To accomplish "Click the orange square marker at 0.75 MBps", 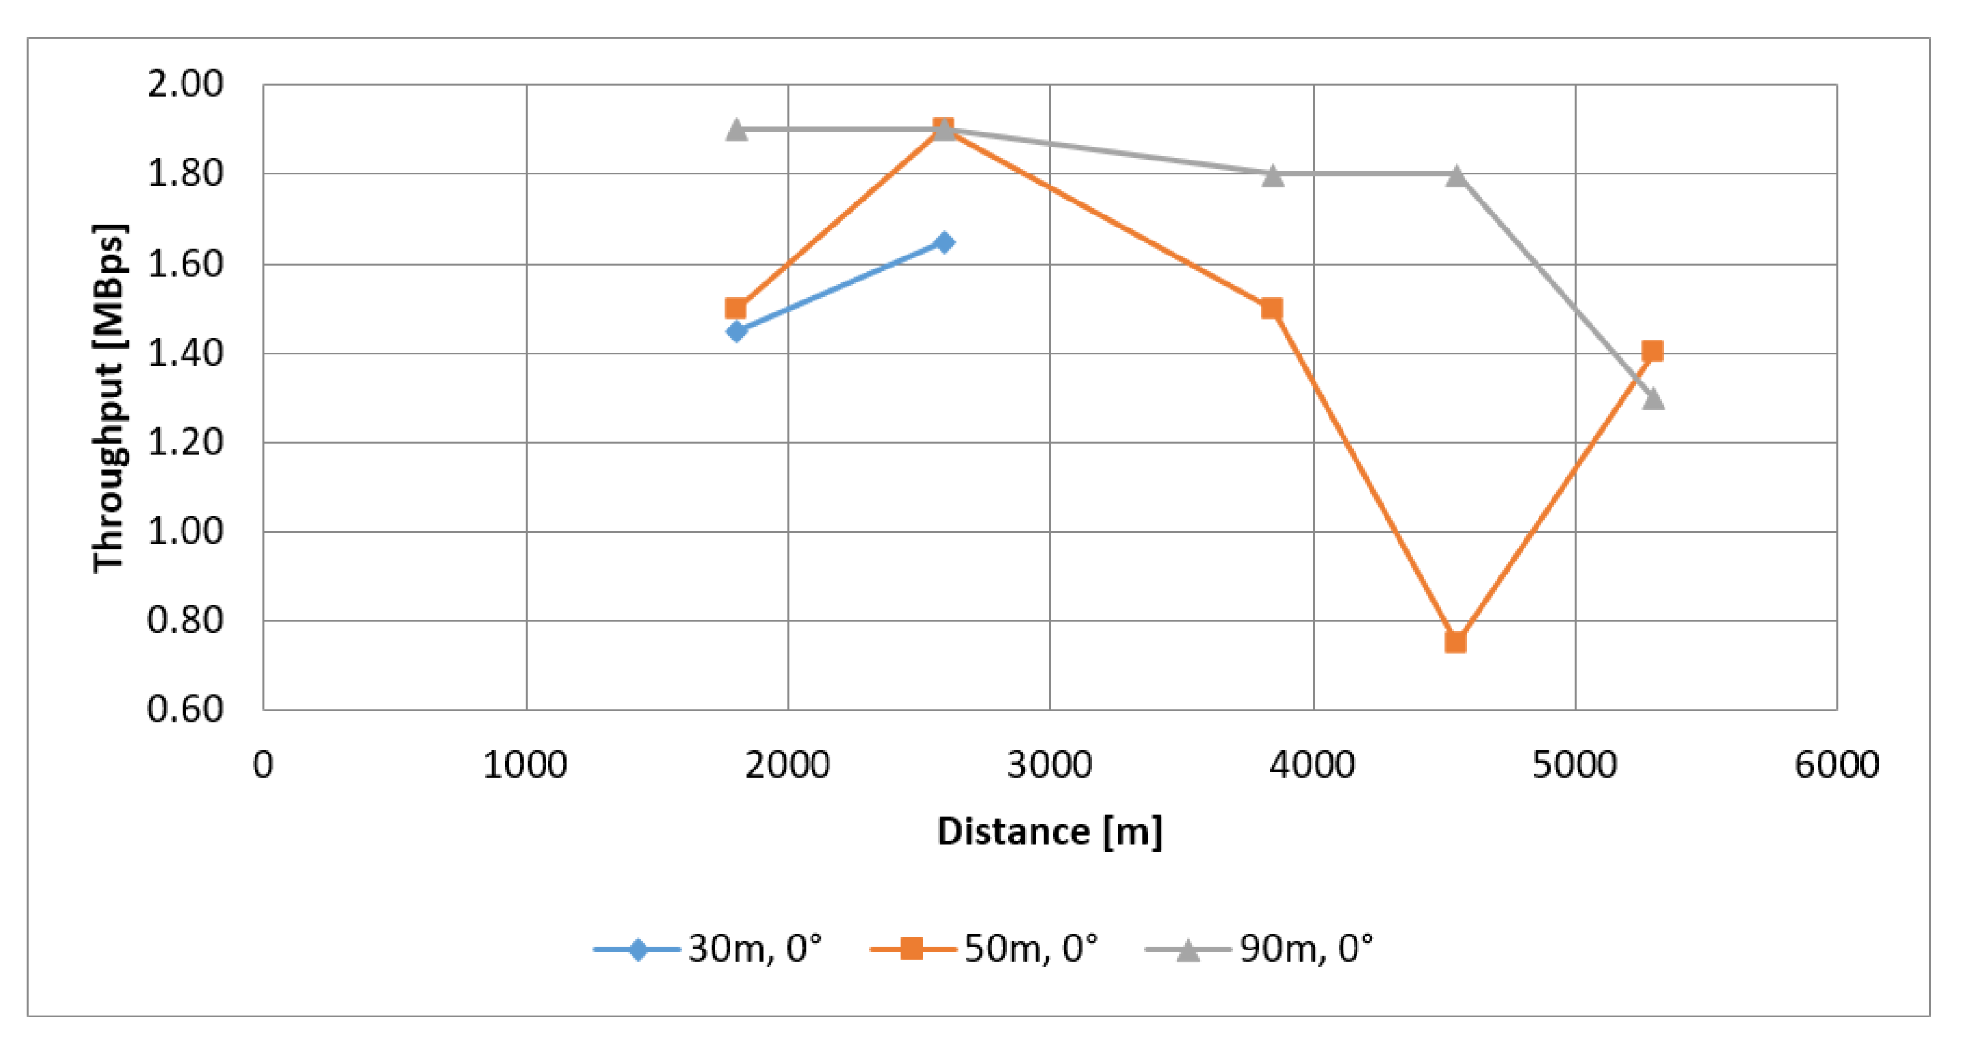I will (x=1455, y=642).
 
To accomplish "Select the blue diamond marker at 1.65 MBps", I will (x=944, y=243).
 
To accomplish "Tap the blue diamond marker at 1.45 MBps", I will (x=736, y=331).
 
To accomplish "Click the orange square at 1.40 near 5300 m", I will (x=1652, y=351).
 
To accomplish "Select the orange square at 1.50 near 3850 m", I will (x=1271, y=309).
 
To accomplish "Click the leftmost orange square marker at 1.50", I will (x=735, y=309).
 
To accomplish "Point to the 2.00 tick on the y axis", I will (x=185, y=84).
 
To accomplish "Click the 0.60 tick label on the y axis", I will (x=185, y=710).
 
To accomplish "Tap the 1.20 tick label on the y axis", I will (x=185, y=443).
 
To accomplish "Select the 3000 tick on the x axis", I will (x=1050, y=765).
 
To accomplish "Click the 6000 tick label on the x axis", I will (x=1836, y=765).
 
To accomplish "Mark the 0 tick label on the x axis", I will (x=263, y=765).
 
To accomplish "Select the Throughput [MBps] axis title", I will (x=109, y=397).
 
